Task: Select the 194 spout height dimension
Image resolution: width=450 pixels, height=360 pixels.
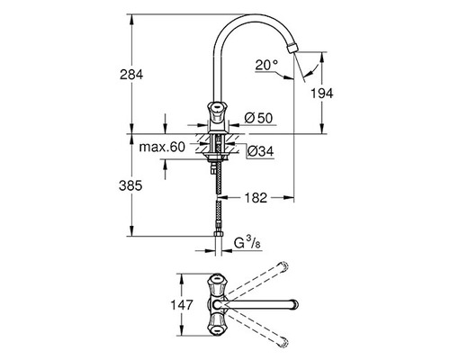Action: point(332,92)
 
